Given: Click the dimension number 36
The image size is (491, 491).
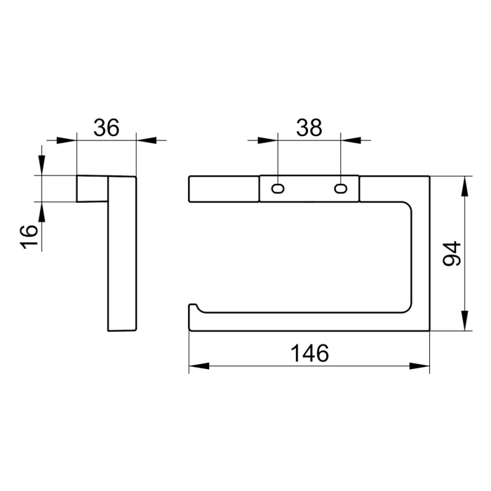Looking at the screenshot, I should tap(107, 128).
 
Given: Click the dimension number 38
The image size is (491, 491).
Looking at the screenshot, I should tap(309, 128).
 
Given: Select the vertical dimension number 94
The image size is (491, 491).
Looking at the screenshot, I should tap(452, 253).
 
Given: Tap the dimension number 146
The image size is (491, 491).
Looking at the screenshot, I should tap(309, 354).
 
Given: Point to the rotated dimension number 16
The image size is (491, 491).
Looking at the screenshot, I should tap(29, 236).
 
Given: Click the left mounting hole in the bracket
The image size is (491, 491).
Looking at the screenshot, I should tap(278, 189).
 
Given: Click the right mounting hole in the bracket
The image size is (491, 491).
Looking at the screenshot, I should tap(341, 189).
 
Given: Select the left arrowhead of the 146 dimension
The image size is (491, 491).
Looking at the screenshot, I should tap(198, 365).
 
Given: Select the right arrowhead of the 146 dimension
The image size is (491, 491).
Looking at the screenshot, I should tap(420, 365).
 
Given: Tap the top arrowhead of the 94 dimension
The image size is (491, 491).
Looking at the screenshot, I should tap(464, 185).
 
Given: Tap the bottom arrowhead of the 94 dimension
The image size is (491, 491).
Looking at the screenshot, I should tap(464, 321).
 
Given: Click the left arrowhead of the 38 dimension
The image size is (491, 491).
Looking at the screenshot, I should tap(269, 140).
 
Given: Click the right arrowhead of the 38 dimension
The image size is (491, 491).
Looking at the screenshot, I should tap(350, 140).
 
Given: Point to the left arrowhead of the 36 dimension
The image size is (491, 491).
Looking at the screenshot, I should tap(67, 140).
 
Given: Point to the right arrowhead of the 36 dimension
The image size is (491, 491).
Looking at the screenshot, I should tap(145, 140).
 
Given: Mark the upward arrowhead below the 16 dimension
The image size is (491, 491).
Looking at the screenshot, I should tap(42, 211).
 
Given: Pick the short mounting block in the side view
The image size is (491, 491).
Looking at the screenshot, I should tap(92, 189).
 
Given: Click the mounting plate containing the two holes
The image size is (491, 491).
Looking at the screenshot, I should tap(309, 189).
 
